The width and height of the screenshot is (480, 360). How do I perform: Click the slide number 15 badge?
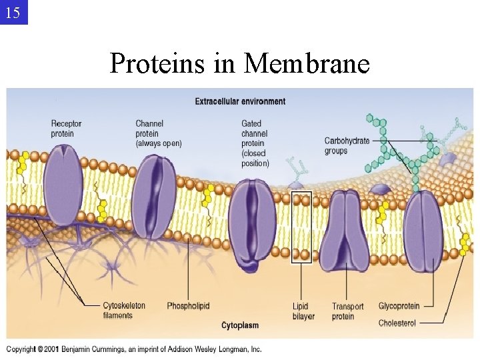point(13,12)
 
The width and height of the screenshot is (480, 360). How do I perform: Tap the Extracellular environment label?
point(240,101)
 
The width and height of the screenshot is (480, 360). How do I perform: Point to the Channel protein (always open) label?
point(158,133)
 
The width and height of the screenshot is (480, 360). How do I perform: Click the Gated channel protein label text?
point(255,143)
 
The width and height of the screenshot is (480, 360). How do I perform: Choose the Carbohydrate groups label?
point(346,145)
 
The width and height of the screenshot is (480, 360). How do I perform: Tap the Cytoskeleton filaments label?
point(123,311)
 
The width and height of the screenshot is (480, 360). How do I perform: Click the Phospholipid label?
point(188,306)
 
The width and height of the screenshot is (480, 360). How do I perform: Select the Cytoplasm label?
point(240,325)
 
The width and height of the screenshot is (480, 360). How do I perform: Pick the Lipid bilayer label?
point(303,311)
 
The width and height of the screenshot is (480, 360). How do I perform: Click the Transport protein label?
point(347,311)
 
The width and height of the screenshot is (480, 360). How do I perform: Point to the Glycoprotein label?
point(399,306)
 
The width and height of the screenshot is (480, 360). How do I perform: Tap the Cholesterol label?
point(397,323)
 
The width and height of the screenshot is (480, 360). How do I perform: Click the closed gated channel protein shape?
point(252,217)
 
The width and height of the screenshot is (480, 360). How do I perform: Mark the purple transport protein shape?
point(344,230)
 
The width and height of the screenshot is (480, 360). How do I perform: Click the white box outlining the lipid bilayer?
point(302,227)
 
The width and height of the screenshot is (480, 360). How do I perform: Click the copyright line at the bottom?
point(134,349)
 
